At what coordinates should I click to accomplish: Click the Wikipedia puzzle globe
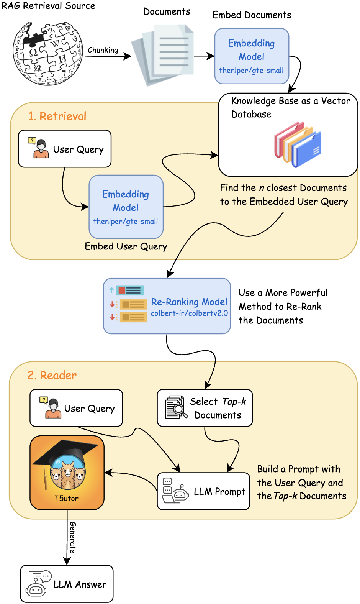[47, 53]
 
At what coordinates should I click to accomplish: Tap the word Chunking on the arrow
[103, 50]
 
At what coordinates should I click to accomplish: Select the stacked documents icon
[164, 55]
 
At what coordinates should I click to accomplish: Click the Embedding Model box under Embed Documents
[252, 56]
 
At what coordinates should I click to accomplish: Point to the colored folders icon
[298, 144]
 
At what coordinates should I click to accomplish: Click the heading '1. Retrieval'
[57, 116]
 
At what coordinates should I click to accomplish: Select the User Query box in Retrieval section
[65, 149]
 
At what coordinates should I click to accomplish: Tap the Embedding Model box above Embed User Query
[126, 207]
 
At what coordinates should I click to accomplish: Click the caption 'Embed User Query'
[126, 246]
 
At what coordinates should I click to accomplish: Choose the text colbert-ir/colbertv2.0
[189, 313]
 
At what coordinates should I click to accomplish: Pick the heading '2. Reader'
[52, 375]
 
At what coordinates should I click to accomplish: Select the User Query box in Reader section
[76, 408]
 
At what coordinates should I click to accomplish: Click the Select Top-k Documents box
[205, 408]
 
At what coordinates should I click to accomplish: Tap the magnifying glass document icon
[176, 407]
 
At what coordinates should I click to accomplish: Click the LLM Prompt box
[203, 492]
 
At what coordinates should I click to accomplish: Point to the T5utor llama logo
[67, 472]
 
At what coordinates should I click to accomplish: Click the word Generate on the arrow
[72, 537]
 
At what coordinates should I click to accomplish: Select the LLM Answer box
[67, 584]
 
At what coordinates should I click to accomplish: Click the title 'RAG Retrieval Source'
[48, 6]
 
